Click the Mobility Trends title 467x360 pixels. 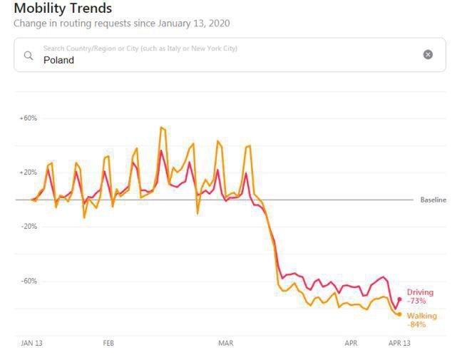[63, 9]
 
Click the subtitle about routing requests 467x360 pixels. [121, 24]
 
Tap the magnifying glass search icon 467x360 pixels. [29, 55]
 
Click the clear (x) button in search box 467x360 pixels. [428, 55]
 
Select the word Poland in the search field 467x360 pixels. [58, 61]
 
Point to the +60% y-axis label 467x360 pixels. [28, 118]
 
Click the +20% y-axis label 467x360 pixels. [28, 173]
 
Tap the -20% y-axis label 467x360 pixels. [28, 227]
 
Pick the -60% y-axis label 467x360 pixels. [28, 281]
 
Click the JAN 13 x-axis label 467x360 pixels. [31, 343]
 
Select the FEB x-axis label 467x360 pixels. [108, 343]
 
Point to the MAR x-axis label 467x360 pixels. [225, 343]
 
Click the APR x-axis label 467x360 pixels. [351, 343]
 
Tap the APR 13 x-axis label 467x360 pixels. [399, 343]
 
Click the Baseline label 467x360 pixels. [433, 200]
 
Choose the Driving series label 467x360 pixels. [420, 292]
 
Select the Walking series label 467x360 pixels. [422, 316]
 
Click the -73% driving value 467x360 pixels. [416, 301]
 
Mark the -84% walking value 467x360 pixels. [416, 324]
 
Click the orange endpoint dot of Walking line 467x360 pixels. [399, 314]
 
